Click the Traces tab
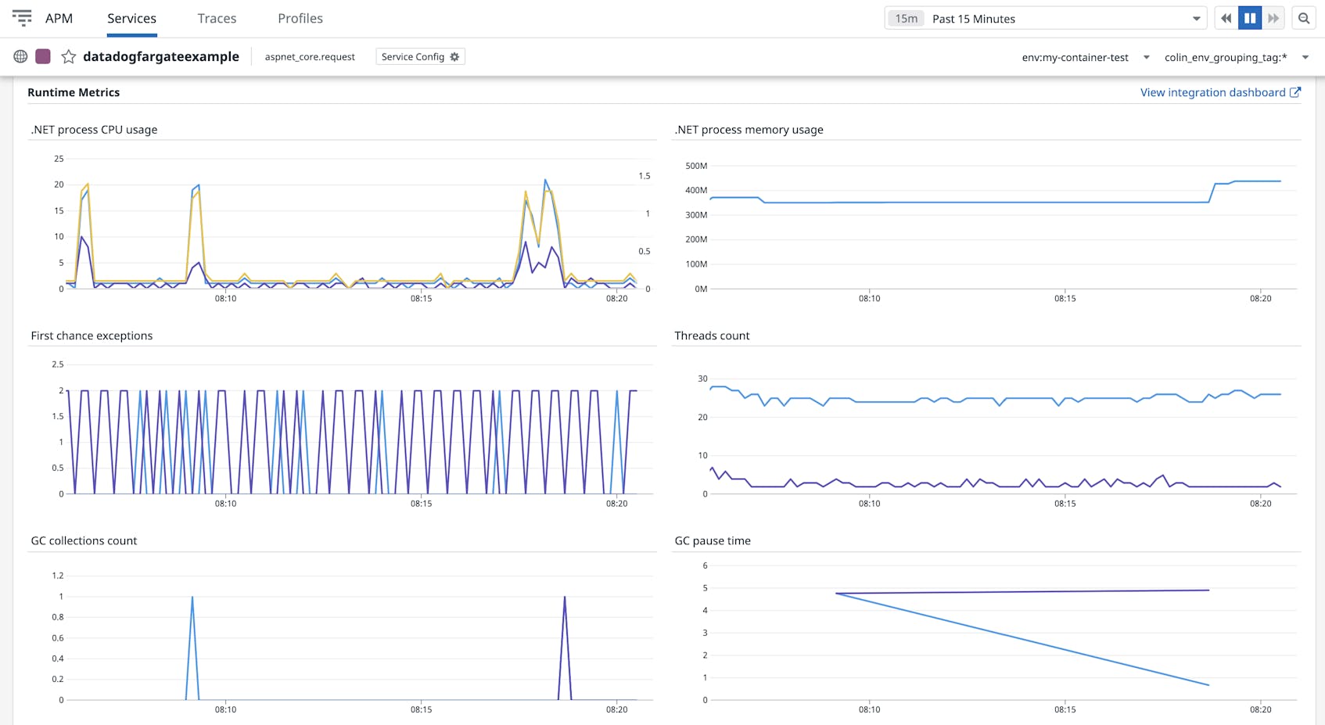click(x=217, y=18)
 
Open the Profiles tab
click(x=300, y=18)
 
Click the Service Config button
click(x=420, y=56)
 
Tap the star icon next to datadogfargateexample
click(x=69, y=56)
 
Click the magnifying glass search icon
click(x=1304, y=18)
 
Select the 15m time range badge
click(x=906, y=19)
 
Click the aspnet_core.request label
click(x=310, y=57)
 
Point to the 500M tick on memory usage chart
click(x=695, y=166)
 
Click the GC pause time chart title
click(x=712, y=540)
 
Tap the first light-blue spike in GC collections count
click(x=192, y=598)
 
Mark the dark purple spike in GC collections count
click(x=565, y=598)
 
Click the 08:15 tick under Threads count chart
click(x=1065, y=504)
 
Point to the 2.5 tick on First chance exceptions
click(x=57, y=364)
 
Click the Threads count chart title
click(x=711, y=336)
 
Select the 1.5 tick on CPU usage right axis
click(x=644, y=176)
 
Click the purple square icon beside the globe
click(x=43, y=56)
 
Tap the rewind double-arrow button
click(x=1226, y=18)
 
